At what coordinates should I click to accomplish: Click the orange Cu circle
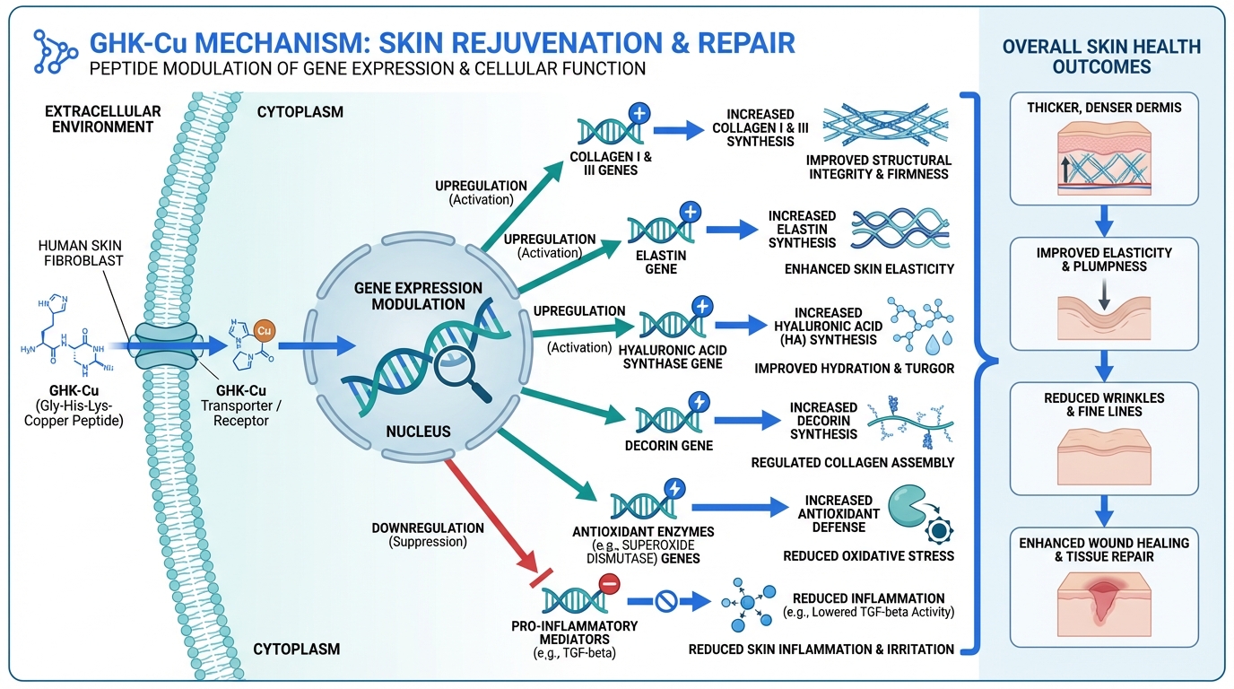pos(264,330)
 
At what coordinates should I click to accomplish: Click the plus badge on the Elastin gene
pos(690,214)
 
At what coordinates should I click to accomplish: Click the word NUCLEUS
pos(418,432)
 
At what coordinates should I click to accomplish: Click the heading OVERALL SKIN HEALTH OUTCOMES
pos(1102,57)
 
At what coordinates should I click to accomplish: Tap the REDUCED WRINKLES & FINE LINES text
pos(1104,405)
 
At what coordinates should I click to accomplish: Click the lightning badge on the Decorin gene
pos(697,401)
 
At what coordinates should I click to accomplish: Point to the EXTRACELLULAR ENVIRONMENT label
pos(103,119)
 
